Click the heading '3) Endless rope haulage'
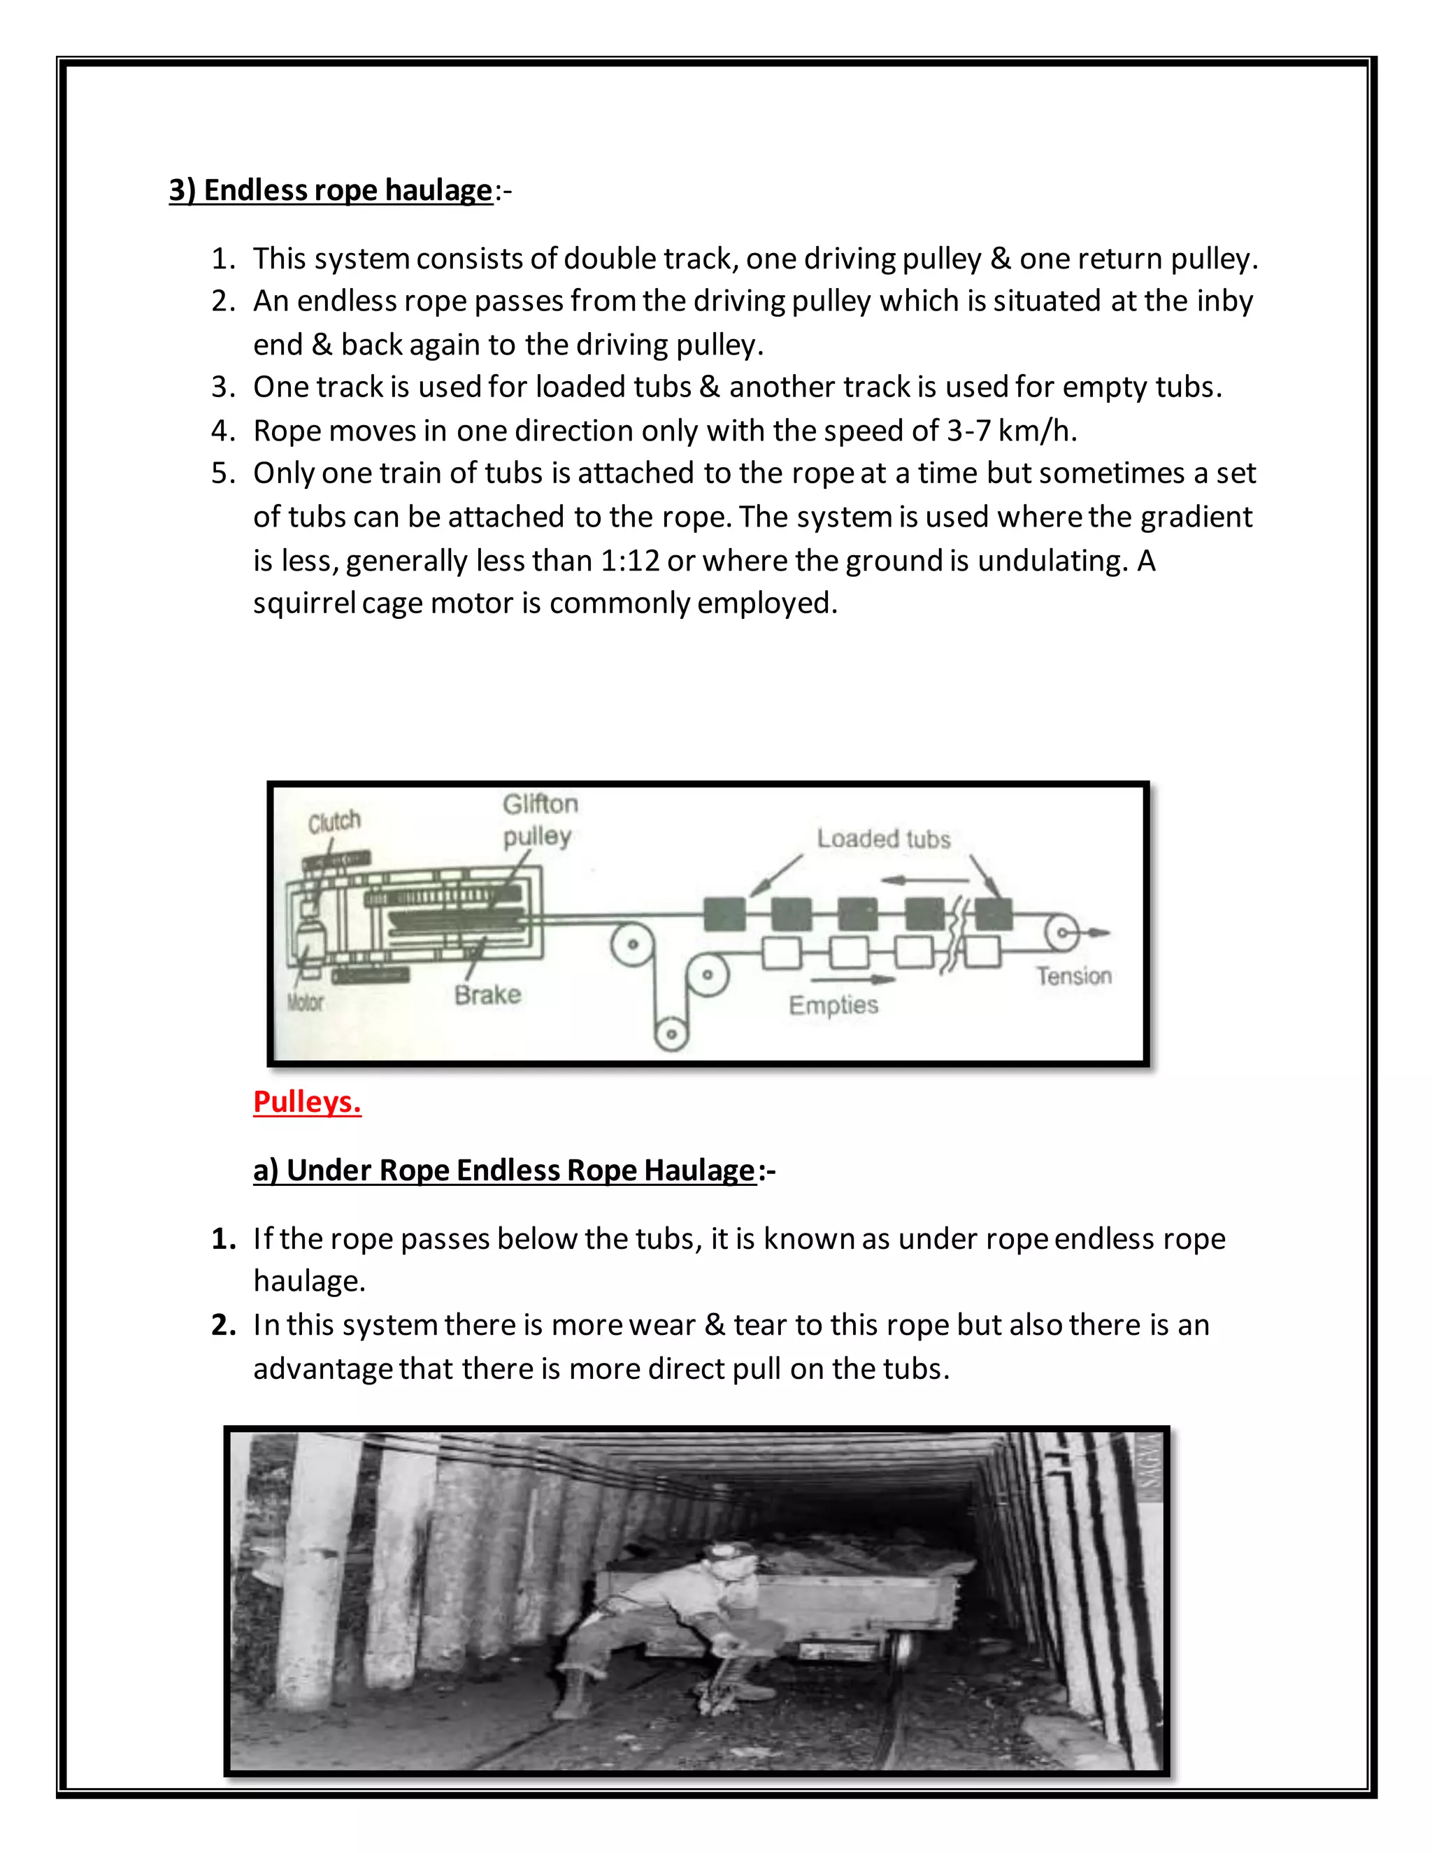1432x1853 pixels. pyautogui.click(x=330, y=190)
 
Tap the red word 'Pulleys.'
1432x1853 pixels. pyautogui.click(x=307, y=1101)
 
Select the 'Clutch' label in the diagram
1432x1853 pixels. pyautogui.click(x=334, y=822)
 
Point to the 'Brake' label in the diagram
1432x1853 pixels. pyautogui.click(x=487, y=994)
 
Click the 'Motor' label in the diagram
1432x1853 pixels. pyautogui.click(x=305, y=1002)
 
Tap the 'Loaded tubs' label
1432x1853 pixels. pyautogui.click(x=883, y=838)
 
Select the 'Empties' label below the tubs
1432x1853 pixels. pyautogui.click(x=833, y=1005)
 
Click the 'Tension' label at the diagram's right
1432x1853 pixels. pyautogui.click(x=1073, y=975)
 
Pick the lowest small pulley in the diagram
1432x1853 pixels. pyautogui.click(x=671, y=1033)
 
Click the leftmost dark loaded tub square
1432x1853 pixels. pyautogui.click(x=724, y=915)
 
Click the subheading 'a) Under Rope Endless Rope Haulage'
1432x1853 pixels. pyautogui.click(x=504, y=1170)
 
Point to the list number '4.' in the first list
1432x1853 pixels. pyautogui.click(x=223, y=431)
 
